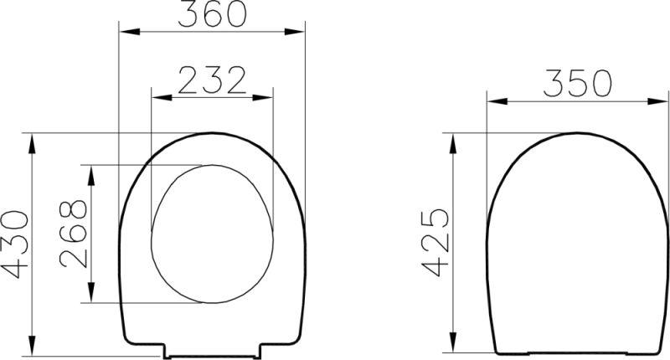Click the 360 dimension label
pos(213,13)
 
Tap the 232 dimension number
pos(213,80)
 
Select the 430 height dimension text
pos(15,244)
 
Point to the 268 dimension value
pos(73,234)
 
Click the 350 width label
pos(577,82)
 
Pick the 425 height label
pos(435,242)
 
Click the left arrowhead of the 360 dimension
pos(130,32)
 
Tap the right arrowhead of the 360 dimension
pos(295,32)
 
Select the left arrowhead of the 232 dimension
pos(162,98)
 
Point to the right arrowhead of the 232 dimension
pos(262,98)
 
